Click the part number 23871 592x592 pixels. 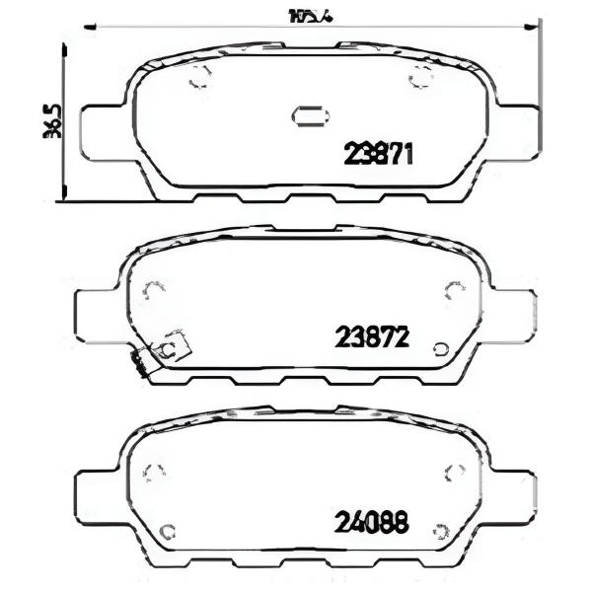pyautogui.click(x=377, y=154)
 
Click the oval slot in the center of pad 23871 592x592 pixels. pyautogui.click(x=310, y=116)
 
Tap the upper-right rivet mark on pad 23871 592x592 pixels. pyautogui.click(x=421, y=81)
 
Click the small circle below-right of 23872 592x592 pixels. pyautogui.click(x=441, y=349)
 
